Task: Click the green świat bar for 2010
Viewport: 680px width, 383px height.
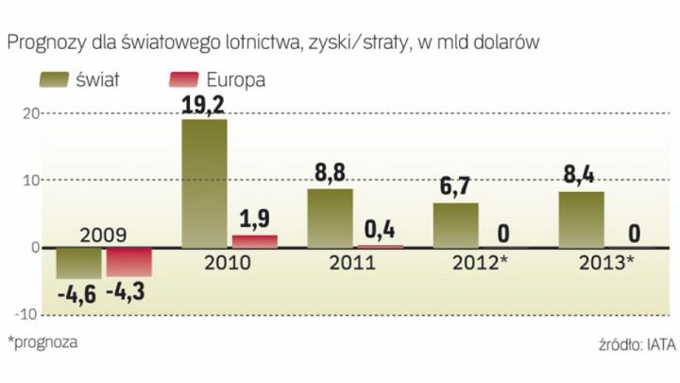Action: (203, 183)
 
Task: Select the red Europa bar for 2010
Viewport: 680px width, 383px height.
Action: (248, 241)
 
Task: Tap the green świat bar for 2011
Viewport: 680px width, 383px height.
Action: (330, 218)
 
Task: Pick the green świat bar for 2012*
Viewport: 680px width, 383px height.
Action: (455, 225)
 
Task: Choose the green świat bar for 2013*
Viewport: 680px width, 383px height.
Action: (581, 219)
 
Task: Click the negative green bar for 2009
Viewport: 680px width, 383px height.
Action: (78, 263)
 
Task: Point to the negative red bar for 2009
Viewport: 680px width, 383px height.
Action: (128, 263)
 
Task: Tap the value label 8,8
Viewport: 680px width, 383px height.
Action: (330, 173)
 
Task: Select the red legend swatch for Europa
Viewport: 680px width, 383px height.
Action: (187, 79)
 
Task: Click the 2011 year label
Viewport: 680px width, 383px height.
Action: (352, 262)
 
